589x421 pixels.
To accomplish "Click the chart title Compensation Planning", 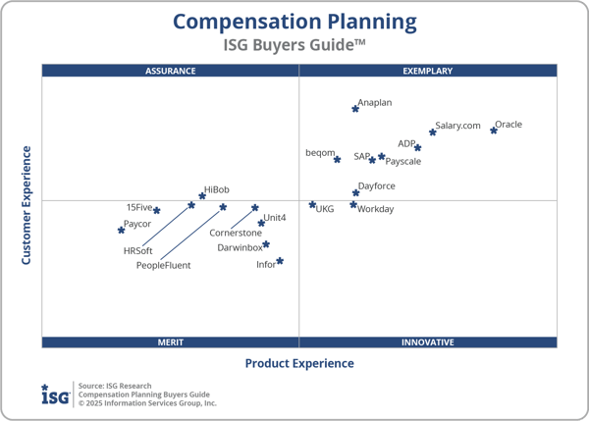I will pyautogui.click(x=294, y=22).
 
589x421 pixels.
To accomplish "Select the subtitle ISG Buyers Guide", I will pyautogui.click(x=294, y=44).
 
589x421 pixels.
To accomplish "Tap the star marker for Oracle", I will pyautogui.click(x=494, y=130).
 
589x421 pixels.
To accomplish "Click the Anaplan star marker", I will pyautogui.click(x=355, y=108).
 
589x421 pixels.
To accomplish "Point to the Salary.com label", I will pyautogui.click(x=458, y=126).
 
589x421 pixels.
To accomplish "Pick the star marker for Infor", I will pyautogui.click(x=280, y=261).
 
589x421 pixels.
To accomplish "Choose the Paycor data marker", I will pyautogui.click(x=122, y=230).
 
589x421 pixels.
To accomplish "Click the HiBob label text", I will pyautogui.click(x=216, y=188).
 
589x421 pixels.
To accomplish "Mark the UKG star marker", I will pyautogui.click(x=313, y=205).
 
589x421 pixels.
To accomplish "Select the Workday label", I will pyautogui.click(x=376, y=209).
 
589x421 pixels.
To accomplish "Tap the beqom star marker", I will pyautogui.click(x=337, y=159).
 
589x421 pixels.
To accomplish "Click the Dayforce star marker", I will pyautogui.click(x=356, y=192).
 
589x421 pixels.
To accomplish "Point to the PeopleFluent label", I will pyautogui.click(x=164, y=266).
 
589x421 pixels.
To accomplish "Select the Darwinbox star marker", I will pyautogui.click(x=266, y=244).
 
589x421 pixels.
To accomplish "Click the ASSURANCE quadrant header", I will pyautogui.click(x=171, y=71).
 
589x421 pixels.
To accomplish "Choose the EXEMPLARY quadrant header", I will pyautogui.click(x=428, y=71).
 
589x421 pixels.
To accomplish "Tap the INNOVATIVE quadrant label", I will pyautogui.click(x=428, y=342).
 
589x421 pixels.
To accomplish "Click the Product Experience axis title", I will pyautogui.click(x=299, y=363).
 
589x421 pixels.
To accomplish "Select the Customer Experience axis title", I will pyautogui.click(x=27, y=205).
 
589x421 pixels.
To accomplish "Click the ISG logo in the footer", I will pyautogui.click(x=55, y=394).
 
